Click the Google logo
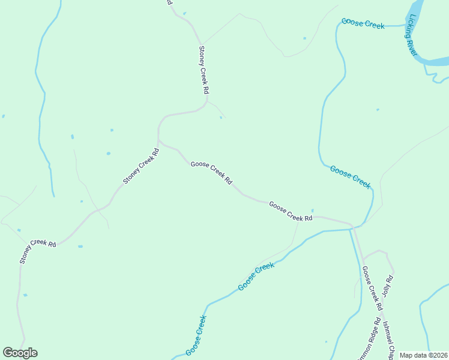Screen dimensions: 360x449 20,353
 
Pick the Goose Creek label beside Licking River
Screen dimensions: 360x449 363,23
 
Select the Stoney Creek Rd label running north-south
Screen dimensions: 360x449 204,70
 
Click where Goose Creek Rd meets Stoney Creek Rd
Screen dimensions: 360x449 158,142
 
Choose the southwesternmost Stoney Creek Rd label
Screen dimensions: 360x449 37,250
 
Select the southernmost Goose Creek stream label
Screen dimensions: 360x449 196,335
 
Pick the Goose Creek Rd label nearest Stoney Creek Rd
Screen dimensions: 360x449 211,173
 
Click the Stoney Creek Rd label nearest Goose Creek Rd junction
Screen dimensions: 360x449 142,166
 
